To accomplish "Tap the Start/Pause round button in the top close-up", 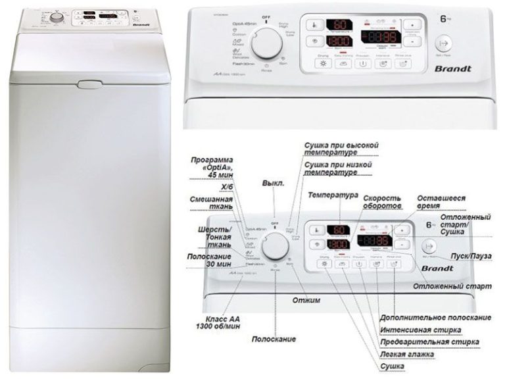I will point(445,43).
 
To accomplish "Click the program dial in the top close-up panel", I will point(267,43).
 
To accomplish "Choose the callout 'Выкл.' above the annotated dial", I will point(273,183).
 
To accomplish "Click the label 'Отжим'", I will point(306,301).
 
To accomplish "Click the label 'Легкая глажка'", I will point(408,355).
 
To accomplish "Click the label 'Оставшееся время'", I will point(442,201).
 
